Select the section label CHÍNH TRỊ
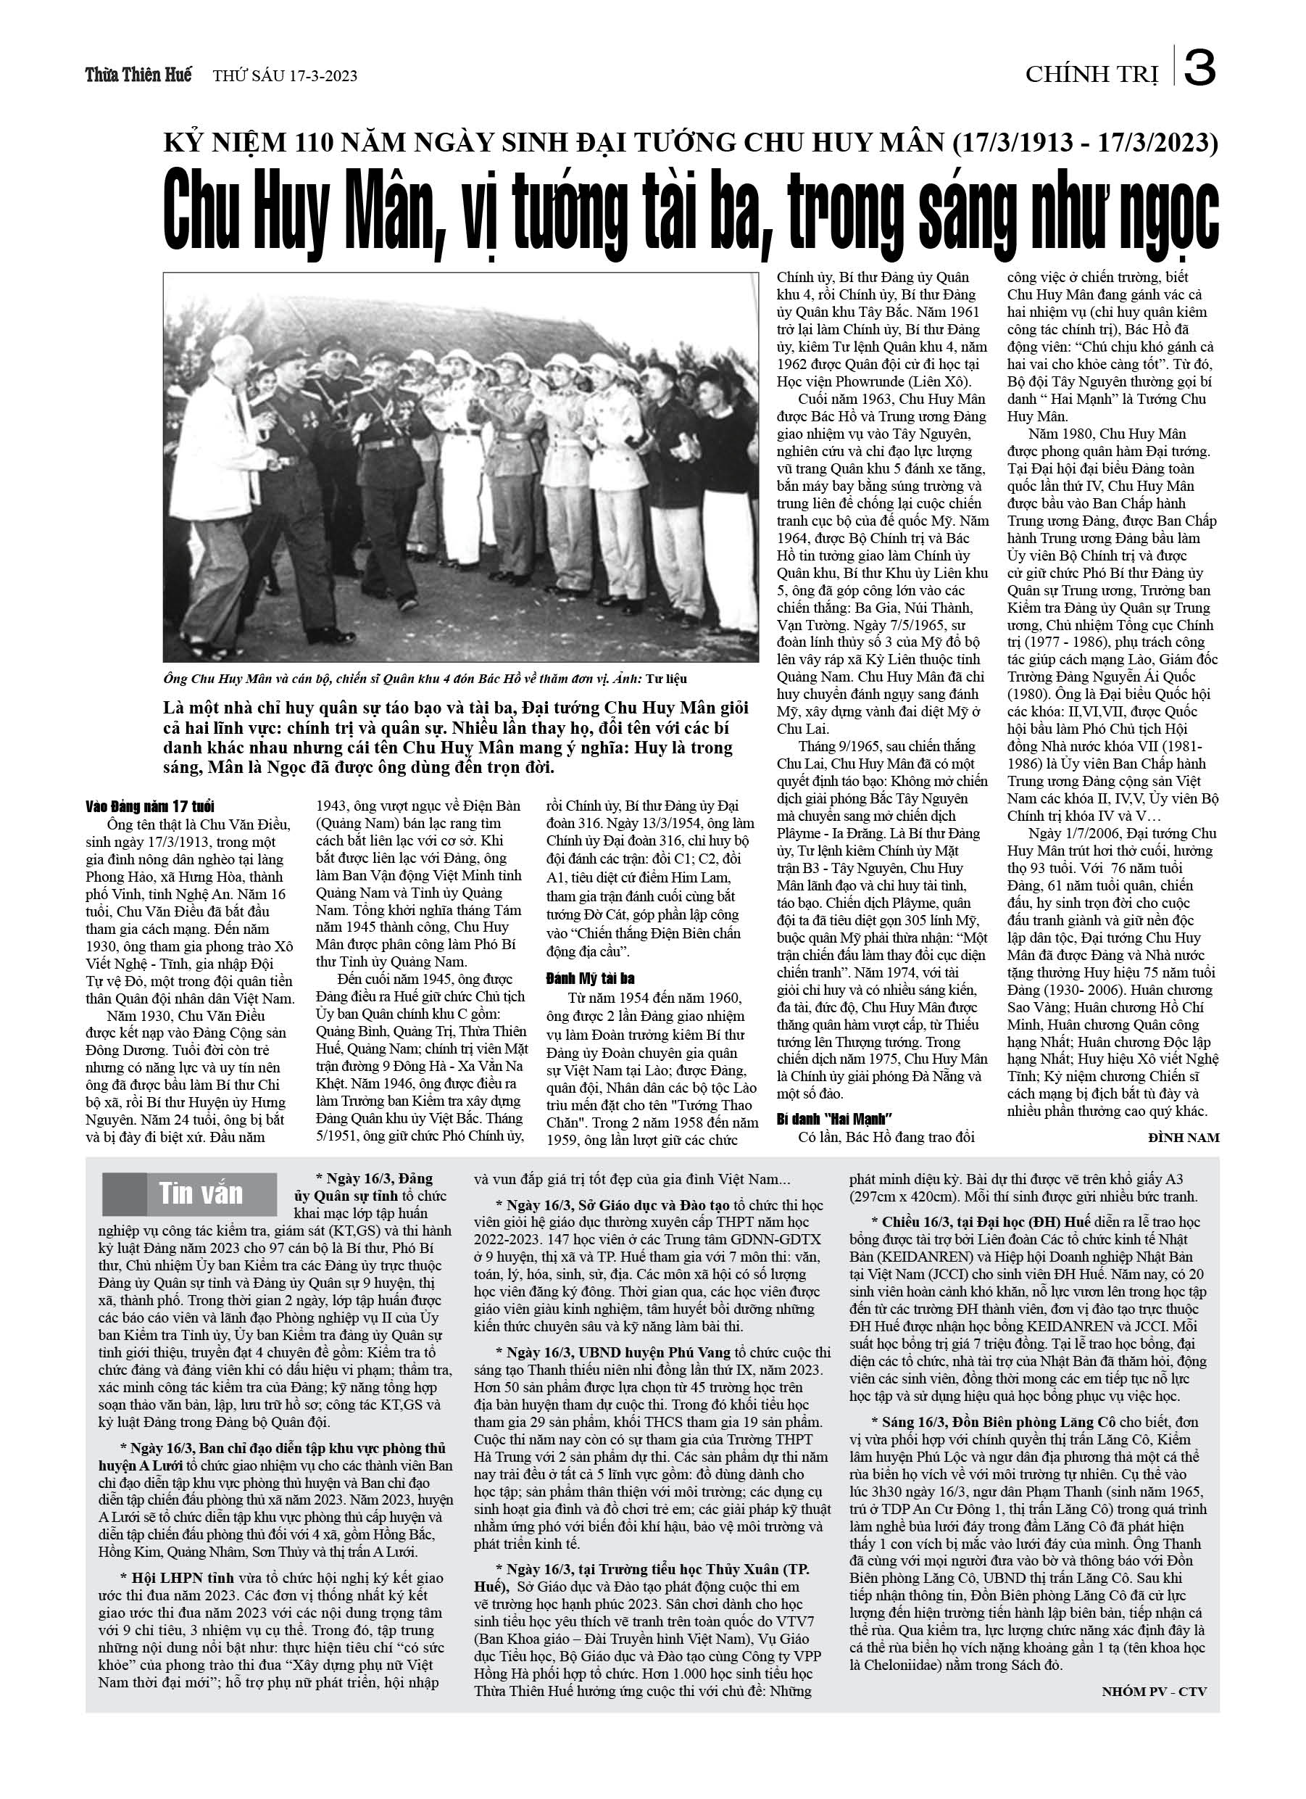1091,75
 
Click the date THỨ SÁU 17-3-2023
286,77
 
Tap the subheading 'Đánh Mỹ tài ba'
590,979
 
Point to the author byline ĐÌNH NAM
1183,1138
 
